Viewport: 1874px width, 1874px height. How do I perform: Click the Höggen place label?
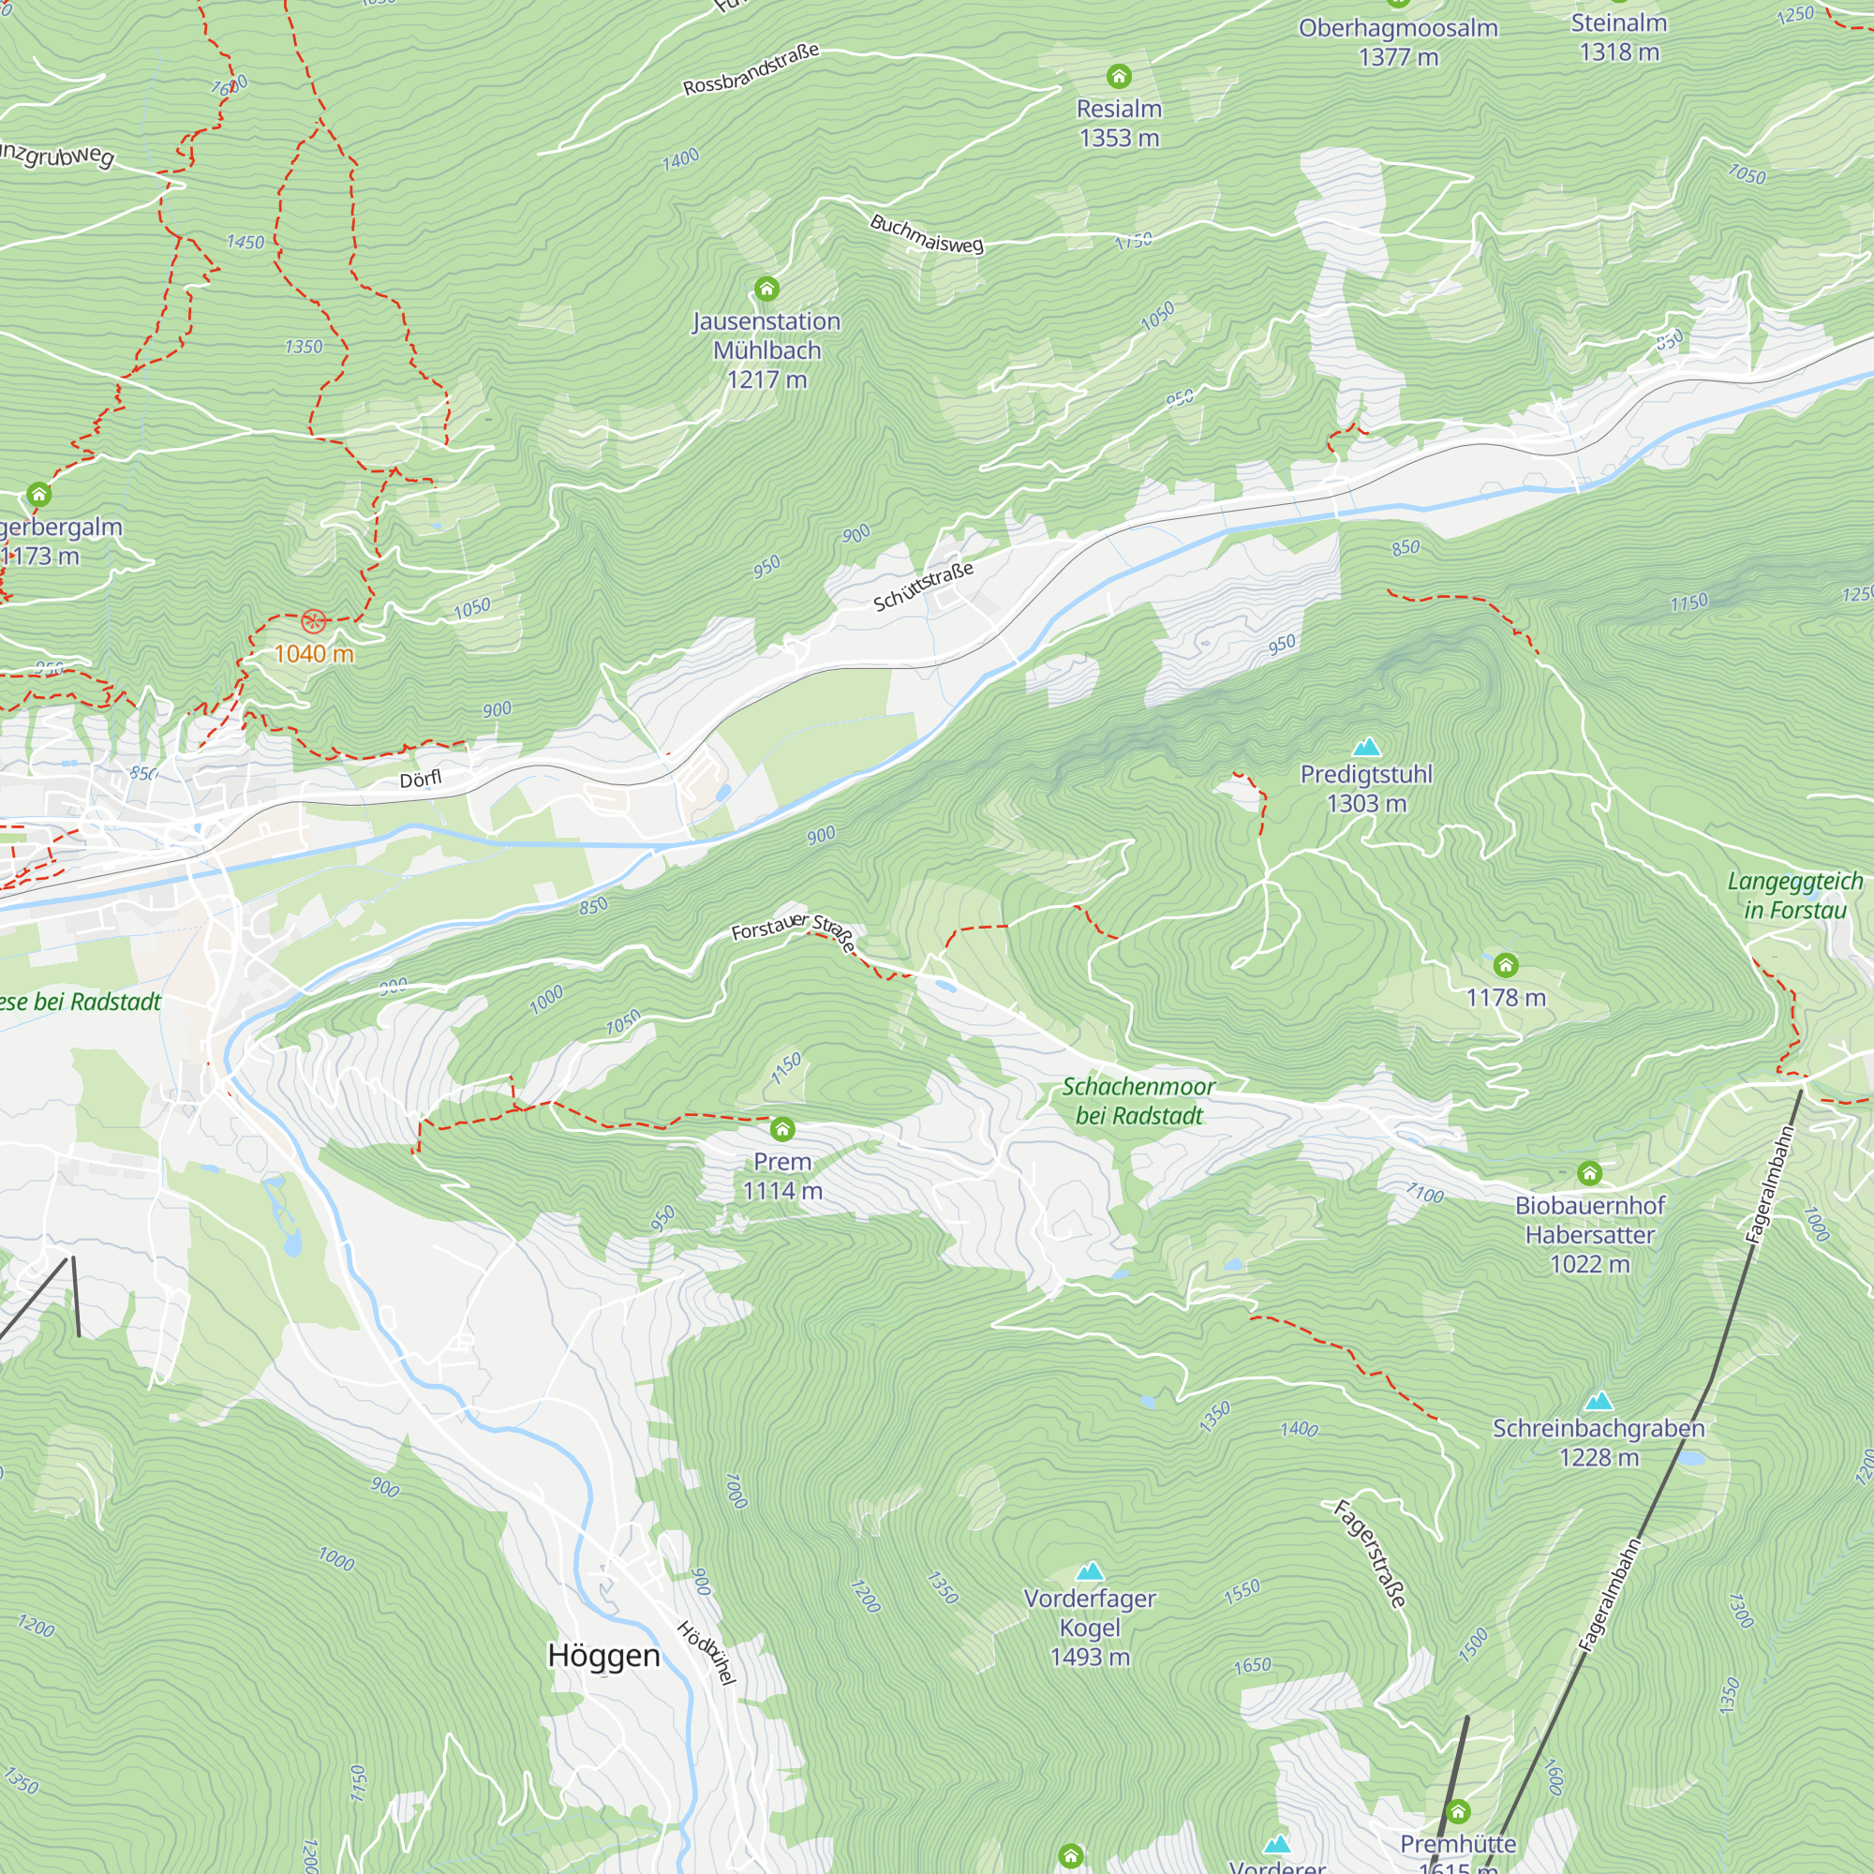pyautogui.click(x=603, y=1655)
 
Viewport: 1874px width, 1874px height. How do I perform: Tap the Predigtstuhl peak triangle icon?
pyautogui.click(x=1366, y=746)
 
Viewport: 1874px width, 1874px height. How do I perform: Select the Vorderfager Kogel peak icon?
pyautogui.click(x=1090, y=1570)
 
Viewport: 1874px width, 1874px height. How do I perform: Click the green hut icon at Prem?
pyautogui.click(x=781, y=1129)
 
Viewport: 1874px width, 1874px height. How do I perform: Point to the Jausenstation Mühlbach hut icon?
pyautogui.click(x=766, y=288)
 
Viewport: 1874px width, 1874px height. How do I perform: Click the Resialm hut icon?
pyautogui.click(x=1119, y=76)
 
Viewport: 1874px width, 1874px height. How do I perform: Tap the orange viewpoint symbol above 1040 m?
pyautogui.click(x=312, y=621)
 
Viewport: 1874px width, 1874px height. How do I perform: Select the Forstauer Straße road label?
pyautogui.click(x=793, y=931)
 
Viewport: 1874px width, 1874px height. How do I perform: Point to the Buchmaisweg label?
pyautogui.click(x=927, y=233)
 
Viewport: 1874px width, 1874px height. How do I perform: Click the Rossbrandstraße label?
pyautogui.click(x=751, y=70)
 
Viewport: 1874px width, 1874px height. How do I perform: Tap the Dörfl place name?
pyautogui.click(x=420, y=779)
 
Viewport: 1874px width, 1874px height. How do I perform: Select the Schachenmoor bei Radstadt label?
pyautogui.click(x=1138, y=1100)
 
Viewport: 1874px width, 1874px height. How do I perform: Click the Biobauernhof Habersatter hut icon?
pyautogui.click(x=1589, y=1174)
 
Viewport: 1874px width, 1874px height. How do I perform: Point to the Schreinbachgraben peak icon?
pyautogui.click(x=1598, y=1401)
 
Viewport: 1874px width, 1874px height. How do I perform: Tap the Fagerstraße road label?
pyautogui.click(x=1369, y=1553)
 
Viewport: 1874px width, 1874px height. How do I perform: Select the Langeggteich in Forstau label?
pyautogui.click(x=1794, y=894)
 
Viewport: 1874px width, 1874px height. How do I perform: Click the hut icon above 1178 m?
pyautogui.click(x=1506, y=964)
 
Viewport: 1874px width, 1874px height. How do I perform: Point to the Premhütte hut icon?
pyautogui.click(x=1458, y=1811)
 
